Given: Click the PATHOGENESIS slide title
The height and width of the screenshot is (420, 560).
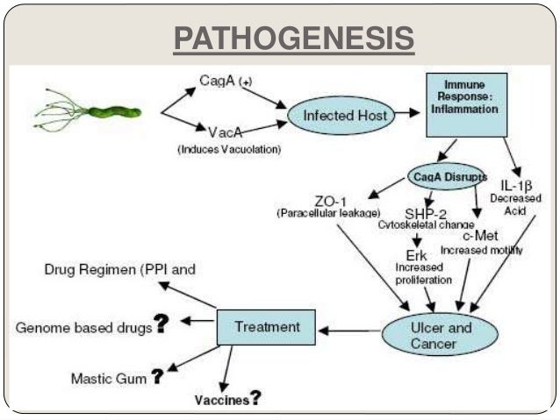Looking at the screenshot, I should click(293, 39).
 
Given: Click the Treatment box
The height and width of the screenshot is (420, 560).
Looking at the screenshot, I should click(267, 327).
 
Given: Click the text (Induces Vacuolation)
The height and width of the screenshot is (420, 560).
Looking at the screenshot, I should click(228, 150).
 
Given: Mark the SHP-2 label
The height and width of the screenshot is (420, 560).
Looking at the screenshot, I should click(426, 213).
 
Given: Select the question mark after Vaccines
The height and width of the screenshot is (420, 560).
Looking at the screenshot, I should click(255, 399).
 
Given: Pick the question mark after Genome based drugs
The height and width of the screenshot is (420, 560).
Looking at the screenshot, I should click(162, 324).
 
